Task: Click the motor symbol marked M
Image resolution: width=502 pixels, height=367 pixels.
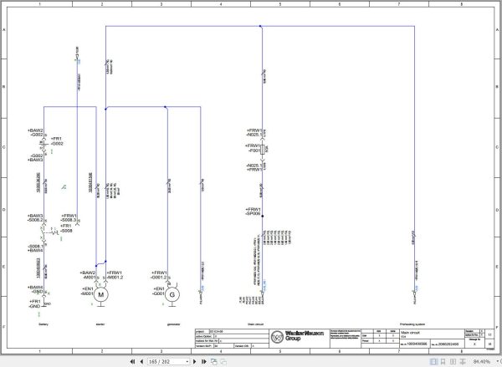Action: [x=102, y=294]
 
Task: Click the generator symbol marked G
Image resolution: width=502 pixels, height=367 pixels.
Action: [x=172, y=294]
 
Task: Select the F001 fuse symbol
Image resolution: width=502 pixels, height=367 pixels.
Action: [x=263, y=151]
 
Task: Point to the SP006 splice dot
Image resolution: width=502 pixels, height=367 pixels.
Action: [x=263, y=215]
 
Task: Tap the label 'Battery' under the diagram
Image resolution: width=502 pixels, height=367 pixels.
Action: [x=44, y=323]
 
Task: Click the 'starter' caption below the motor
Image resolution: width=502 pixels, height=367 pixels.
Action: [x=100, y=323]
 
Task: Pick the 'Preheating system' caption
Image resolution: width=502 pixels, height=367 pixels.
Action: [x=415, y=323]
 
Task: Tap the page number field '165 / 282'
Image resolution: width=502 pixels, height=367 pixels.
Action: [x=160, y=361]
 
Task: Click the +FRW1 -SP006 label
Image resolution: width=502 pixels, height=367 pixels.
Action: [x=254, y=212]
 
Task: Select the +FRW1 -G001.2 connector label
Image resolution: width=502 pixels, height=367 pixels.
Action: [x=160, y=275]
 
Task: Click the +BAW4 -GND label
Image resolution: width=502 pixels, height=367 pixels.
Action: [x=36, y=289]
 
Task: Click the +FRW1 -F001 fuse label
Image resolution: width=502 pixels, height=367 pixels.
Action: [x=254, y=148]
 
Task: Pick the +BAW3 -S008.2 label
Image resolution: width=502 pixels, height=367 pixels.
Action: [x=36, y=218]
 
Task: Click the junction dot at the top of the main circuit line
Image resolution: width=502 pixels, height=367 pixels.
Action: [x=262, y=27]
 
